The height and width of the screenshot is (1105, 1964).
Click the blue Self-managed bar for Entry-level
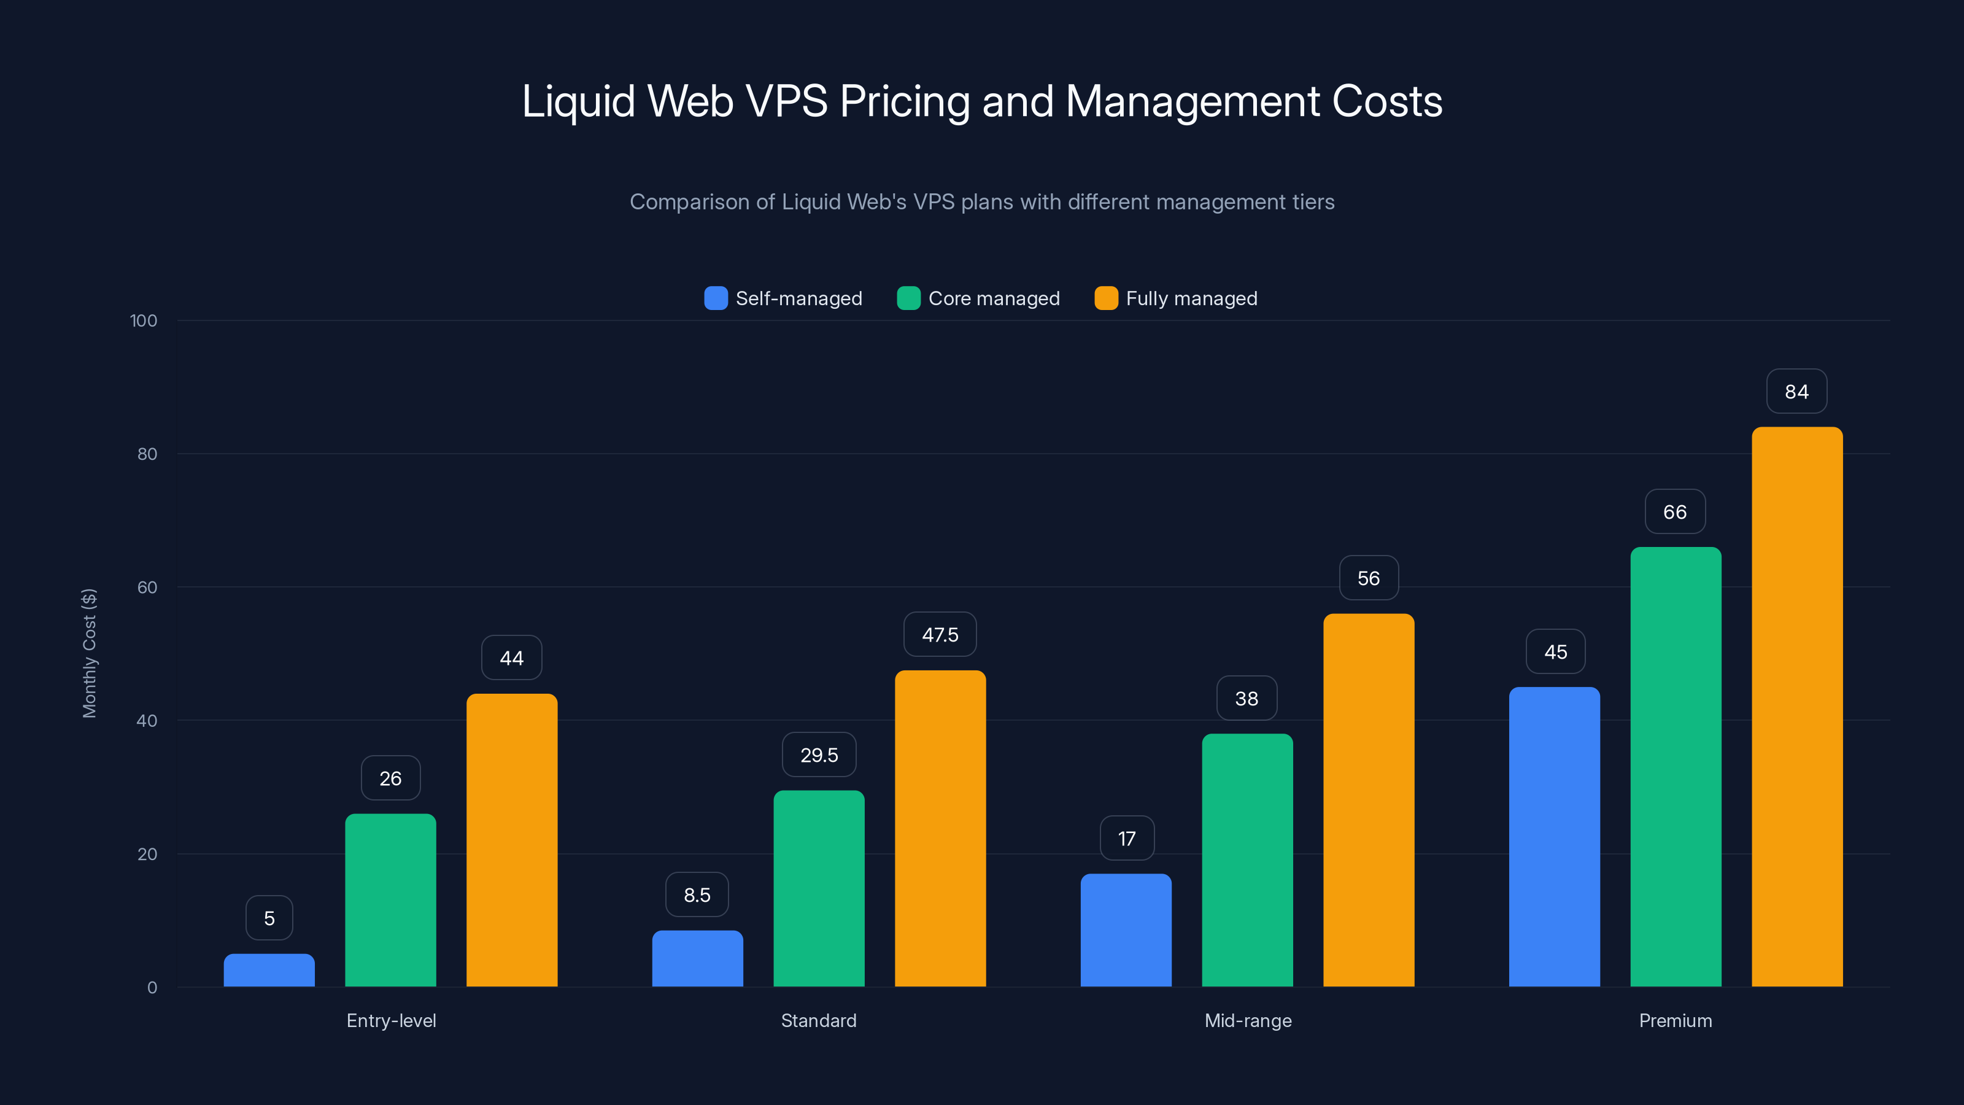click(269, 970)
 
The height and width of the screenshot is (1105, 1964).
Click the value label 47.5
click(940, 635)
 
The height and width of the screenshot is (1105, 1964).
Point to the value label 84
click(1796, 392)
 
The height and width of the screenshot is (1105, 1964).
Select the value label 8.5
click(697, 894)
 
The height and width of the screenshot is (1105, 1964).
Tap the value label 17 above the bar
click(1127, 838)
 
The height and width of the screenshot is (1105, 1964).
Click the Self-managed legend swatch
click(716, 298)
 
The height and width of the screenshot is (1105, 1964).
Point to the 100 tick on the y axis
click(144, 320)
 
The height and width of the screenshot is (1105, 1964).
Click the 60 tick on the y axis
click(147, 587)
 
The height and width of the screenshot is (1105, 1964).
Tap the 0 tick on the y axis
click(152, 988)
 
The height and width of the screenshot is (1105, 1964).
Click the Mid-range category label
click(1248, 1020)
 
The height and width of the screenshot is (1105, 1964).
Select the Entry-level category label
click(391, 1020)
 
